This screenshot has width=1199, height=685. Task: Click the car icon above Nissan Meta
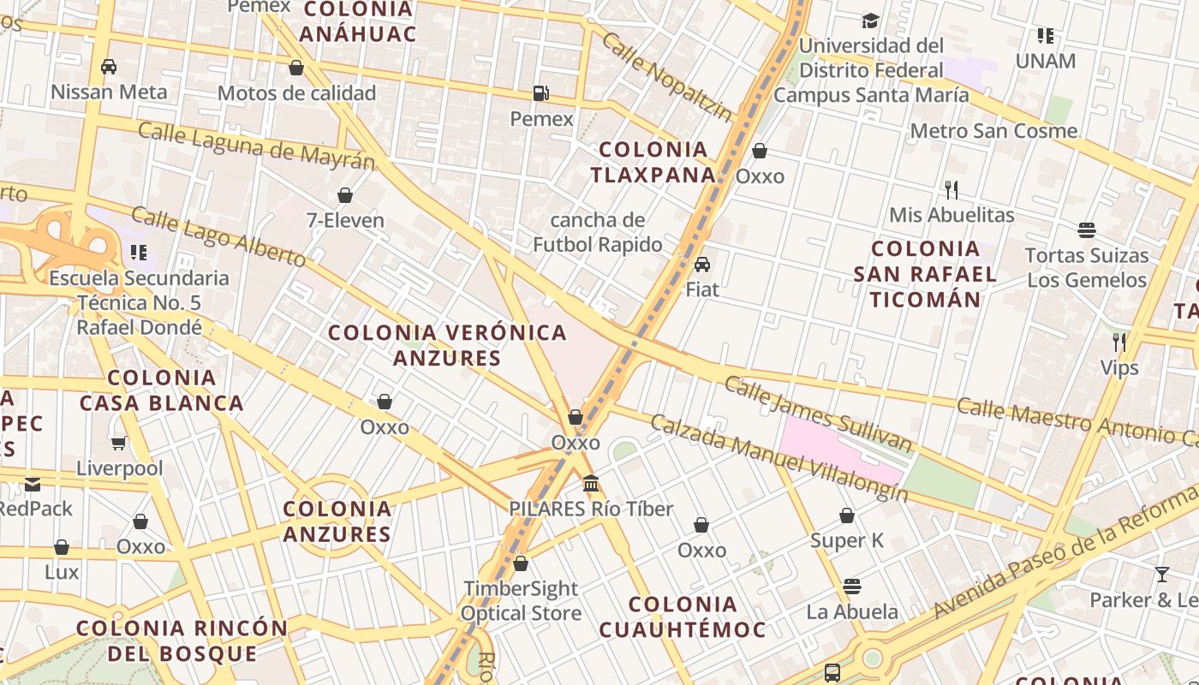(109, 66)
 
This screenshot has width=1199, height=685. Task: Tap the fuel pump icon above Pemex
(541, 92)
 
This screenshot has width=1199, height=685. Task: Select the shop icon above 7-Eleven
(345, 195)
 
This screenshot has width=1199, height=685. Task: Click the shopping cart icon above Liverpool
(119, 443)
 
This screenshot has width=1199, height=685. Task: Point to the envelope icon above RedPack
(33, 484)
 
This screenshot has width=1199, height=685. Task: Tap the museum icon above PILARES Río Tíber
(591, 484)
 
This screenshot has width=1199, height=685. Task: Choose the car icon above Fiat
(702, 264)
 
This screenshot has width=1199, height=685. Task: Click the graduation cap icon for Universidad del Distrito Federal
(871, 21)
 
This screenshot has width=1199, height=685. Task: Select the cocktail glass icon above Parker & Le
(1162, 575)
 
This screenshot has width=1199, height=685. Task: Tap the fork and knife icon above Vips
(1119, 342)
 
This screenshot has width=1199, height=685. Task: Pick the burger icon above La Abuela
(851, 587)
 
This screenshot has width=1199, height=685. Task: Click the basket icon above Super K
(847, 515)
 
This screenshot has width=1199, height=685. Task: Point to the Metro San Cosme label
(993, 131)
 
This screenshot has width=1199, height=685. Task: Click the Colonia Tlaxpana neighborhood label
(653, 162)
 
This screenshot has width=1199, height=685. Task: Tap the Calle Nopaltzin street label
(667, 77)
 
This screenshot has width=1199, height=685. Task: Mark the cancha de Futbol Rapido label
(598, 232)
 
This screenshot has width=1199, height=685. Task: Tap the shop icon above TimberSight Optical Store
(521, 563)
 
